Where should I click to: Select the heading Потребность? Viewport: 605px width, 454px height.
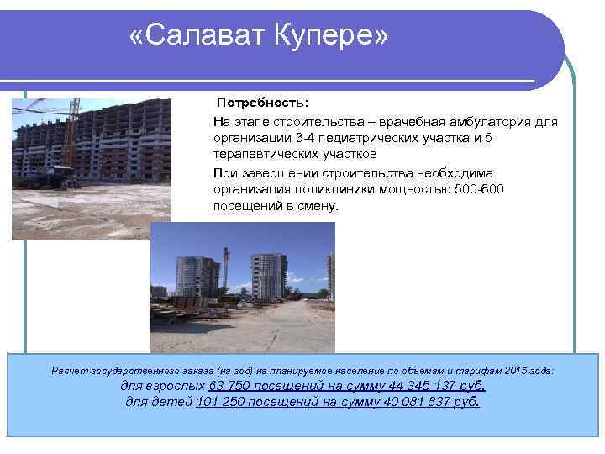tap(262, 102)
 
